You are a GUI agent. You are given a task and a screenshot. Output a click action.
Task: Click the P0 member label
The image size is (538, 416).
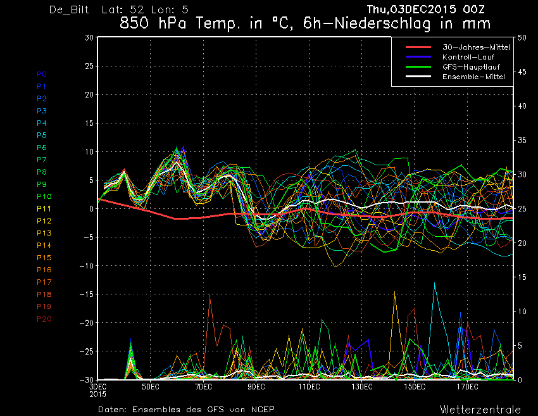42,74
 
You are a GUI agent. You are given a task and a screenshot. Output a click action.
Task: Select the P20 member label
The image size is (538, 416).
44,319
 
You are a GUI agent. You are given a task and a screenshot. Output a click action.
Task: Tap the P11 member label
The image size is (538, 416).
44,209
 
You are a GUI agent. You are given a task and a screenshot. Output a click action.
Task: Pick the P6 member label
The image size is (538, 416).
42,148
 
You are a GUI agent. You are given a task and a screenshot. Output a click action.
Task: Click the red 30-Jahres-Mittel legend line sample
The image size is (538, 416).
418,47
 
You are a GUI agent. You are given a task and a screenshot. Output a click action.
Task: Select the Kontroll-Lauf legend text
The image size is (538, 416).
468,57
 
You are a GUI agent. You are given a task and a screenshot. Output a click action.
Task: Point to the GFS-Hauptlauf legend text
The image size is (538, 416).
471,67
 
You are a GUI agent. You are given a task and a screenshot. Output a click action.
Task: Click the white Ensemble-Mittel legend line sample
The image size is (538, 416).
418,76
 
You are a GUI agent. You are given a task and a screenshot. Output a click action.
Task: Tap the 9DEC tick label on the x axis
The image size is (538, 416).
256,387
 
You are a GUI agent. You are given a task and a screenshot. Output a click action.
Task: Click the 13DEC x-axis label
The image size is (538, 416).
361,387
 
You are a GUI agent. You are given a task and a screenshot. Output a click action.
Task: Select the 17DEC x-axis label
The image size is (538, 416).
467,387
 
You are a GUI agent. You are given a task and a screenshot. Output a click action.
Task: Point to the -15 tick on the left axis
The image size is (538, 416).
86,294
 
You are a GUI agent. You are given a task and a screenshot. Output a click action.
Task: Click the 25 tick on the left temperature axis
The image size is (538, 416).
89,66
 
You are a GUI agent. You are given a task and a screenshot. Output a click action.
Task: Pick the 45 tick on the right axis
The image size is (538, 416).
522,72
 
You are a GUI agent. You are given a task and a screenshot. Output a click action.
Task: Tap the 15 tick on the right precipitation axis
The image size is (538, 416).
522,277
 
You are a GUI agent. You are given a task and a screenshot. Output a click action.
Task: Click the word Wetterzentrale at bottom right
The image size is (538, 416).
480,410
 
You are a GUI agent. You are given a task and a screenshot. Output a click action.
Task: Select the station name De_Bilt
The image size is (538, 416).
69,9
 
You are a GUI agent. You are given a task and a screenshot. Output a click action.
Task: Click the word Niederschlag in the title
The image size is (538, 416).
382,23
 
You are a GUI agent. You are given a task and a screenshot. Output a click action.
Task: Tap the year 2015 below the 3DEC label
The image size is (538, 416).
97,394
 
